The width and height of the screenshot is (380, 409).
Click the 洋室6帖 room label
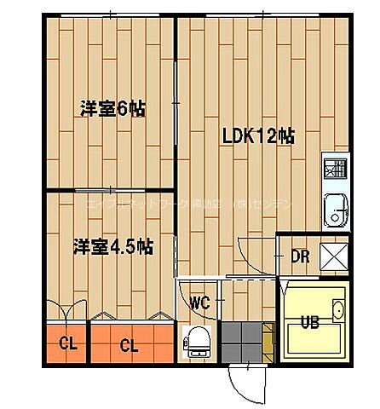[x=112, y=109]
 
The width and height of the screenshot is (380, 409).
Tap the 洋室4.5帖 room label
[x=112, y=247]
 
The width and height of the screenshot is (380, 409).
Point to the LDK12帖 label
[x=258, y=137]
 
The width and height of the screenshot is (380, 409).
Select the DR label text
[x=299, y=256]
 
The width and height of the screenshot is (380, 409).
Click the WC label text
[x=200, y=302]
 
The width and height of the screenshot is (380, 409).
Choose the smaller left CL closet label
[x=64, y=345]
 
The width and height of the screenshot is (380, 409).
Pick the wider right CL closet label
[x=129, y=345]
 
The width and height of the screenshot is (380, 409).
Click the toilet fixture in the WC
[x=198, y=340]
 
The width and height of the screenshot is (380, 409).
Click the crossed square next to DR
[x=333, y=256]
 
